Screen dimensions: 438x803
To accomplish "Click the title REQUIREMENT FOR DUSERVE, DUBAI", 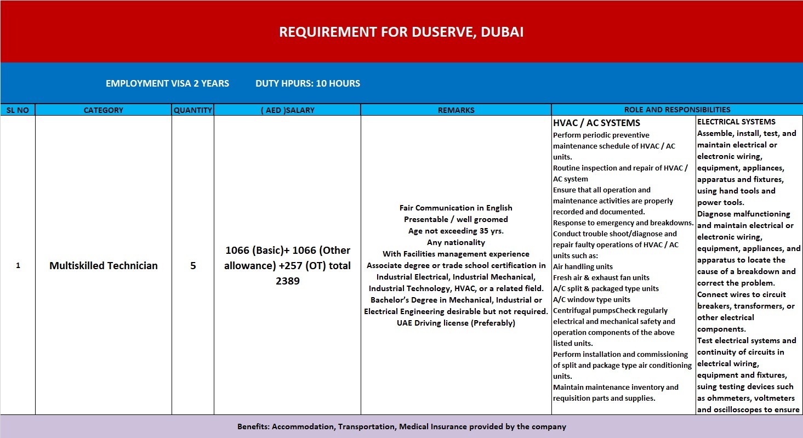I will coord(401,32).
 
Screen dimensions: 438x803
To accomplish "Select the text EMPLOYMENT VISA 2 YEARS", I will coord(167,83).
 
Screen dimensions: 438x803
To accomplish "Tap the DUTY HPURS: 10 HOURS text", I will coord(307,83).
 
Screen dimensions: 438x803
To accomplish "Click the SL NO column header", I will coord(18,110).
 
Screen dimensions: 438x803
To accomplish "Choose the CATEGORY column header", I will coord(103,110).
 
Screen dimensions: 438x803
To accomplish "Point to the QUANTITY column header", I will coord(192,110).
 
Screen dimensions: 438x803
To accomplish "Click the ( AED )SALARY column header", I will coord(287,110).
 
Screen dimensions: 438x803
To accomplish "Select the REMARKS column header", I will coord(456,110).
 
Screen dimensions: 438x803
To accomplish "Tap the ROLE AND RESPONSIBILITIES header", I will coord(677,110).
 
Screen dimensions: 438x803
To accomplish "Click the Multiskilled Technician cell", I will coord(104,266).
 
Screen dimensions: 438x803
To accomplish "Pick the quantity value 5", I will coord(193,266).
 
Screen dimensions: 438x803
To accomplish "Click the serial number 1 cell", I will coord(18,266).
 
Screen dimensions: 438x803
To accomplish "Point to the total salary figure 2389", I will coord(288,281).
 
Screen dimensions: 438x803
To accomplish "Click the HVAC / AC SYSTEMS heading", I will coord(596,123).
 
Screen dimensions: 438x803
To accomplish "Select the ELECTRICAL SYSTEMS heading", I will coord(736,122).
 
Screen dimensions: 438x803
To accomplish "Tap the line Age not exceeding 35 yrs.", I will coord(456,231).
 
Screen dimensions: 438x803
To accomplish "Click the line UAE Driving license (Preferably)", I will coord(456,323).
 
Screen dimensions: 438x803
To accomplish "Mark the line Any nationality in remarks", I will coord(456,242).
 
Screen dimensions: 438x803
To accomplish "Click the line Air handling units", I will coord(583,266).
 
